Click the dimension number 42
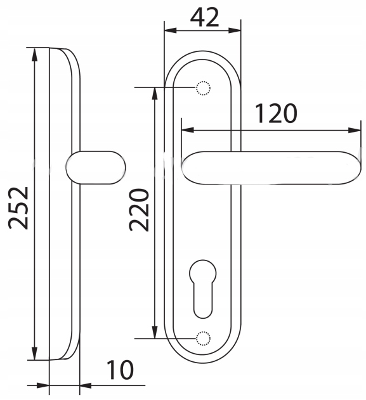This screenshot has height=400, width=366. (205, 17)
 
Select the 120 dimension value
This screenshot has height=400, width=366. (276, 113)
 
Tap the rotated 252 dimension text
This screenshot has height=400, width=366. (18, 208)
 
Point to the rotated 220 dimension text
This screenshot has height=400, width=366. (139, 210)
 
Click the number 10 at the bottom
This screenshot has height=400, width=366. (120, 370)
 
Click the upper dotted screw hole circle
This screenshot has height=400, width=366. (203, 88)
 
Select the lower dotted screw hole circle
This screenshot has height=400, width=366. (203, 339)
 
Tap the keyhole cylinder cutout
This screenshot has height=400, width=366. (202, 289)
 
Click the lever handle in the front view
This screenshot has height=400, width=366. (272, 167)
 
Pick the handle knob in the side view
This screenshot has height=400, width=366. (96, 167)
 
